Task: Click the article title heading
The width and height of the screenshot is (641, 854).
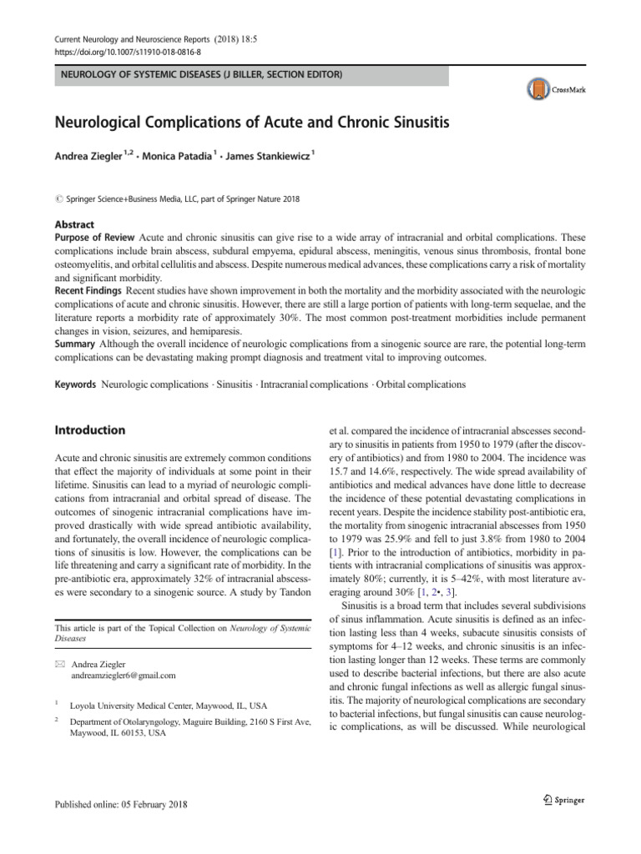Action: (x=251, y=123)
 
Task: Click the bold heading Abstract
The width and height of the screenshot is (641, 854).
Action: (x=74, y=224)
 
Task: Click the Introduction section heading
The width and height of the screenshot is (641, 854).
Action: (x=89, y=430)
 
